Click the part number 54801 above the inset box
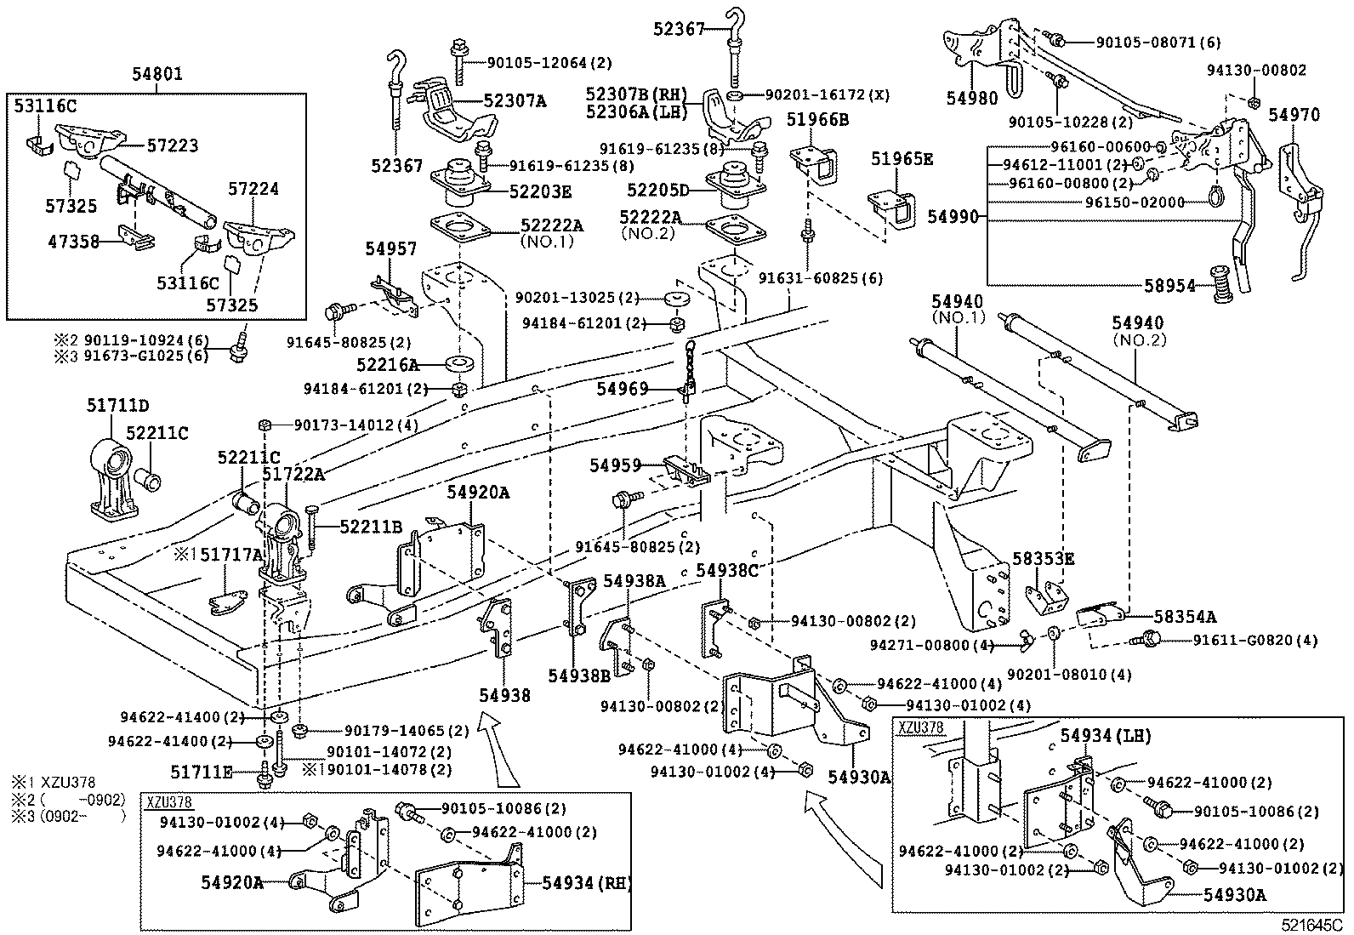pyautogui.click(x=156, y=76)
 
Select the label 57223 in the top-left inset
pyautogui.click(x=173, y=145)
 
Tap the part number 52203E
pyautogui.click(x=540, y=191)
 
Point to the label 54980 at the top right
pyautogui.click(x=970, y=98)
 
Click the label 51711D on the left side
pyautogui.click(x=117, y=405)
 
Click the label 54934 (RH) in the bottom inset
pyautogui.click(x=587, y=882)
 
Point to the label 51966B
pyautogui.click(x=817, y=119)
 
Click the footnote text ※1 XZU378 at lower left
pyautogui.click(x=53, y=782)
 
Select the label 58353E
pyautogui.click(x=1043, y=559)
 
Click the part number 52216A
pyautogui.click(x=388, y=365)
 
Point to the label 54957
pyautogui.click(x=391, y=248)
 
